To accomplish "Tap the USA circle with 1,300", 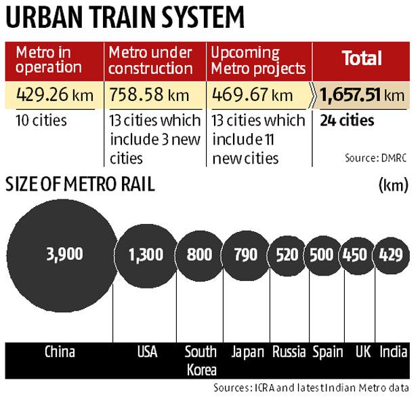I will click(146, 255).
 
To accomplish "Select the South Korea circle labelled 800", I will click(199, 255).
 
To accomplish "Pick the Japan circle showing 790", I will click(245, 255).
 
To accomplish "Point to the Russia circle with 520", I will click(286, 255).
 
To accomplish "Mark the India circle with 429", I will click(392, 255).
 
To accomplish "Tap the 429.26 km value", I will click(52, 94).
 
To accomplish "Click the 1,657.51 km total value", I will click(363, 94).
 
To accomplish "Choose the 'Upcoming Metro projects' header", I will click(258, 60).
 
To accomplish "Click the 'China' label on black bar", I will click(60, 351).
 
